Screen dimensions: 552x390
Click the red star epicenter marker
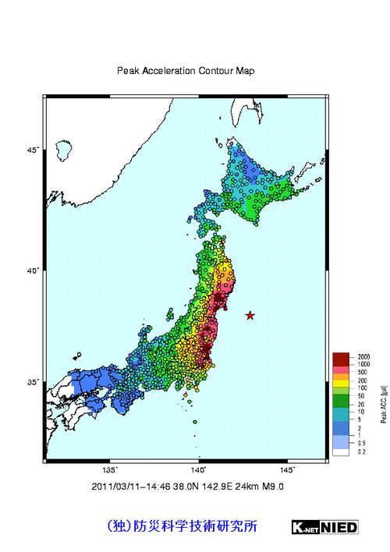(250, 315)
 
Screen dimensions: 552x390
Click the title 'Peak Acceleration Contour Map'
(186, 71)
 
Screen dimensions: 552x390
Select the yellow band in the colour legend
(341, 384)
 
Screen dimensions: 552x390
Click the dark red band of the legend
(341, 359)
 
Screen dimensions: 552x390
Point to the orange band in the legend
(341, 377)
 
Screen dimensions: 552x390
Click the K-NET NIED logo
(325, 527)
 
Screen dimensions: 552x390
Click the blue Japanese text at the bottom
(181, 526)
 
